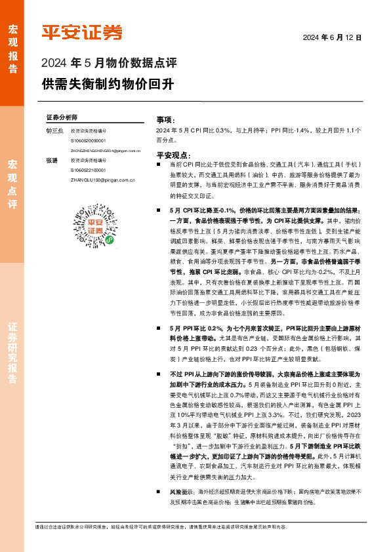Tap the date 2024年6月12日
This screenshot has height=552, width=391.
[x=332, y=37]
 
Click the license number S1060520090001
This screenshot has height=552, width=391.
[x=89, y=140]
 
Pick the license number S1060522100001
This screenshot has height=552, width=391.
[x=89, y=169]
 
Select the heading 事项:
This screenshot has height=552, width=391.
[x=165, y=121]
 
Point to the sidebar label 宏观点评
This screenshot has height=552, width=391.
[x=12, y=184]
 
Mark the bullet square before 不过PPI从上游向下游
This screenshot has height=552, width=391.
[x=159, y=373]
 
